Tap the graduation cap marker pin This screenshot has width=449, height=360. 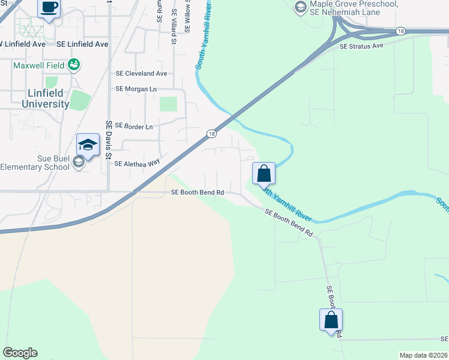point(88,145)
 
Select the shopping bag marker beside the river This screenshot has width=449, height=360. point(264,174)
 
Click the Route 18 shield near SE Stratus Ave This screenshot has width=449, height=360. point(400,31)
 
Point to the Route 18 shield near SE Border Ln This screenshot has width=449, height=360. point(211,133)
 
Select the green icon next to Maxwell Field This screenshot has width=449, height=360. point(74,64)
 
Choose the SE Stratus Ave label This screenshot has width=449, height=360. point(361,46)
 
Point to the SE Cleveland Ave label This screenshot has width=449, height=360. point(141,74)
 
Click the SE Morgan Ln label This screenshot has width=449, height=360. point(136,89)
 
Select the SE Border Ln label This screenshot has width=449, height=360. point(133,127)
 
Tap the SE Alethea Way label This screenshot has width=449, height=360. point(137,163)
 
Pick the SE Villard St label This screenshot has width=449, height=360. point(174,28)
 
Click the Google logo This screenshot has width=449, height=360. point(20,353)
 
